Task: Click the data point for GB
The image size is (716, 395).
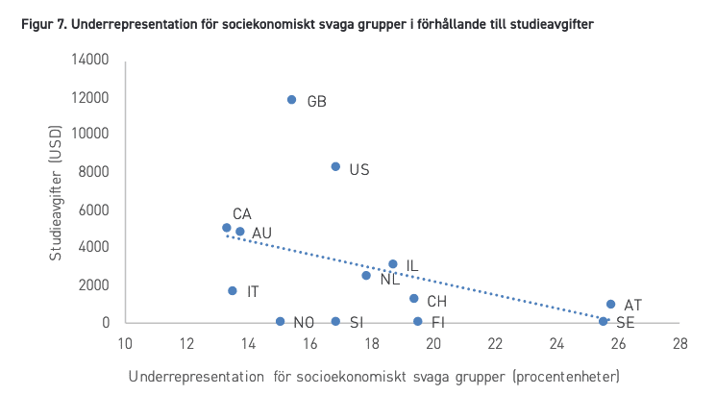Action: [x=292, y=100]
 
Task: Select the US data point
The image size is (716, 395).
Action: [x=335, y=166]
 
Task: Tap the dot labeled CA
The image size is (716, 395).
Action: [x=227, y=228]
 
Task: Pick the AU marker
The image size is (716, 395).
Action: [x=240, y=232]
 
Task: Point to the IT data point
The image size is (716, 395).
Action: [x=233, y=291]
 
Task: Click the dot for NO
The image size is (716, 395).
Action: [x=281, y=322]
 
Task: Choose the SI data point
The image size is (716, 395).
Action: [x=335, y=322]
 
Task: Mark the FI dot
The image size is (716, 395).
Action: [x=418, y=322]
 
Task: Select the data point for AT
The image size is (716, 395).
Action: [x=611, y=304]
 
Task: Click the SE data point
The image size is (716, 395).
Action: [x=604, y=322]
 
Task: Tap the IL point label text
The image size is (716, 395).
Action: [x=412, y=266]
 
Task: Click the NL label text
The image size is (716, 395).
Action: [x=390, y=279]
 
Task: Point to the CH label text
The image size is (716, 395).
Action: [x=437, y=302]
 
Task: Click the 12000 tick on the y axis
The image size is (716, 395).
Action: [x=90, y=98]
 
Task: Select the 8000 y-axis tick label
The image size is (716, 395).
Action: [x=93, y=172]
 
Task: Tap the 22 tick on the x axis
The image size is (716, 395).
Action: [x=495, y=343]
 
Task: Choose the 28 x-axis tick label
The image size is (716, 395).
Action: [x=679, y=343]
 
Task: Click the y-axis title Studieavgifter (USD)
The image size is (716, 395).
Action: [x=55, y=192]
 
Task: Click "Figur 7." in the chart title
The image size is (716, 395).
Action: [x=44, y=24]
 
